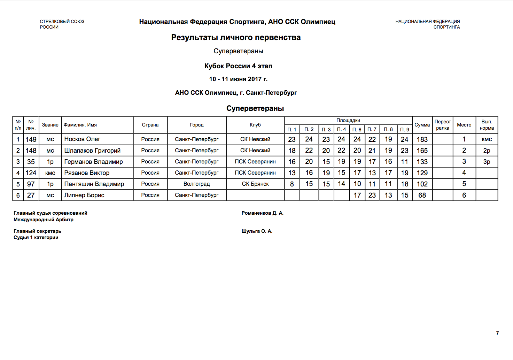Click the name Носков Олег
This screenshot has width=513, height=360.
click(82, 139)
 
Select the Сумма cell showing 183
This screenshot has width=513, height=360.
click(422, 139)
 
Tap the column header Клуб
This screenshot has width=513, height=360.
click(255, 125)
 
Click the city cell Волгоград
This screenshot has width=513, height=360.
click(197, 184)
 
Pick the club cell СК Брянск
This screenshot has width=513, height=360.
click(255, 184)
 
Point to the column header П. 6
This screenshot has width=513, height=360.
click(357, 130)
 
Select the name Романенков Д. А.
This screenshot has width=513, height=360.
click(263, 213)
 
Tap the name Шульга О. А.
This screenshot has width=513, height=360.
click(257, 231)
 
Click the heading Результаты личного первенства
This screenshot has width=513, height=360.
click(236, 38)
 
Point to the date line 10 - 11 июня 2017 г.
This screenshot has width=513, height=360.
click(238, 79)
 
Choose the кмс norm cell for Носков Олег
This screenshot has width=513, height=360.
click(487, 139)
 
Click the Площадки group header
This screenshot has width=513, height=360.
click(348, 120)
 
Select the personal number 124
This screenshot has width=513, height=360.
click(31, 173)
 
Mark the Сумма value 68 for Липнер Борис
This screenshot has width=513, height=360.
click(422, 195)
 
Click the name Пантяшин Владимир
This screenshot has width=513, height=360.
click(94, 184)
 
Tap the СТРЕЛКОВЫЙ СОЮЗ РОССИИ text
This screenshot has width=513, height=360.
click(62, 24)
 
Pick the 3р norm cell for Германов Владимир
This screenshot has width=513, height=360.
click(487, 162)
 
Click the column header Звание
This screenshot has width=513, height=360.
click(50, 125)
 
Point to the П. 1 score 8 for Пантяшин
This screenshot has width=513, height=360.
click(292, 184)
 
